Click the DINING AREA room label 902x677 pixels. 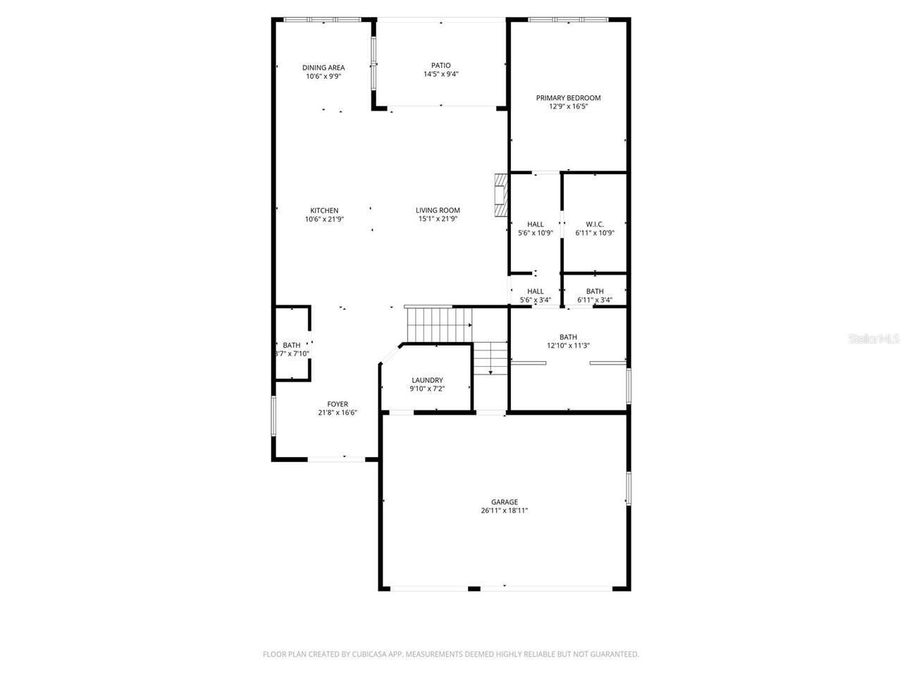click(323, 68)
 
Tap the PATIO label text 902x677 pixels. click(441, 66)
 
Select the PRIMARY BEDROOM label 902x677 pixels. click(568, 98)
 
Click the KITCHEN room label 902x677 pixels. click(324, 210)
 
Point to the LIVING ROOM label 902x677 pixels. click(438, 210)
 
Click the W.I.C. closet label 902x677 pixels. click(595, 224)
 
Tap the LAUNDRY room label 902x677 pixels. click(427, 380)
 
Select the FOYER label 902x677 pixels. click(337, 405)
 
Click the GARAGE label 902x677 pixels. click(505, 502)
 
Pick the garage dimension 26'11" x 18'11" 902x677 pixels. click(505, 511)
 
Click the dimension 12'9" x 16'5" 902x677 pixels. click(568, 107)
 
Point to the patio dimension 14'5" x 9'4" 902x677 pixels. click(441, 75)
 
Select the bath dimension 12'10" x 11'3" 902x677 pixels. click(568, 346)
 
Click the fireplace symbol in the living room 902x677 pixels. click(500, 195)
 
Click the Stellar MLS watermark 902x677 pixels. click(874, 339)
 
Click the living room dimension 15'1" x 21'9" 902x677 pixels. click(438, 219)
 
